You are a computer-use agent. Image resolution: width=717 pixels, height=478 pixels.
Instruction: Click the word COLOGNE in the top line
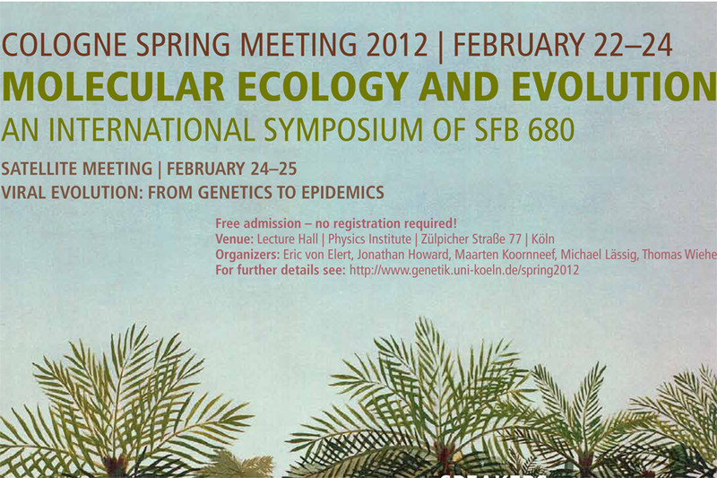[64, 45]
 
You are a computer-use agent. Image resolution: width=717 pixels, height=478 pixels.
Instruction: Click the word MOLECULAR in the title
[113, 86]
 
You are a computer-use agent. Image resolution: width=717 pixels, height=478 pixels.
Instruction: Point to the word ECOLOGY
[323, 86]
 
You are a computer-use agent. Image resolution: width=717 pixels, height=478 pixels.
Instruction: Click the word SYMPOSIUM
[343, 129]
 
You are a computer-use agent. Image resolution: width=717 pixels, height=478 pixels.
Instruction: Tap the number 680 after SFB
[550, 129]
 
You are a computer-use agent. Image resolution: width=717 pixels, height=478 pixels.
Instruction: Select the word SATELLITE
[39, 169]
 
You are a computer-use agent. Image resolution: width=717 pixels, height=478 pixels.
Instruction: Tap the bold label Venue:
[234, 239]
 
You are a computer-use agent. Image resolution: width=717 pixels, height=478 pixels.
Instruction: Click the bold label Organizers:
[247, 255]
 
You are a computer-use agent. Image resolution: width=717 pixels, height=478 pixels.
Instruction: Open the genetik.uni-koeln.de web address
[464, 270]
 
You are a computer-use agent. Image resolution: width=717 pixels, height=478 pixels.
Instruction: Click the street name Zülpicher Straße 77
[471, 239]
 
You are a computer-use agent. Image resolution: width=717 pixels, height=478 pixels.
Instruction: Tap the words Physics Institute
[369, 239]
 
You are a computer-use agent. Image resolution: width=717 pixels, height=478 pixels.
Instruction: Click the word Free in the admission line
[228, 223]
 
